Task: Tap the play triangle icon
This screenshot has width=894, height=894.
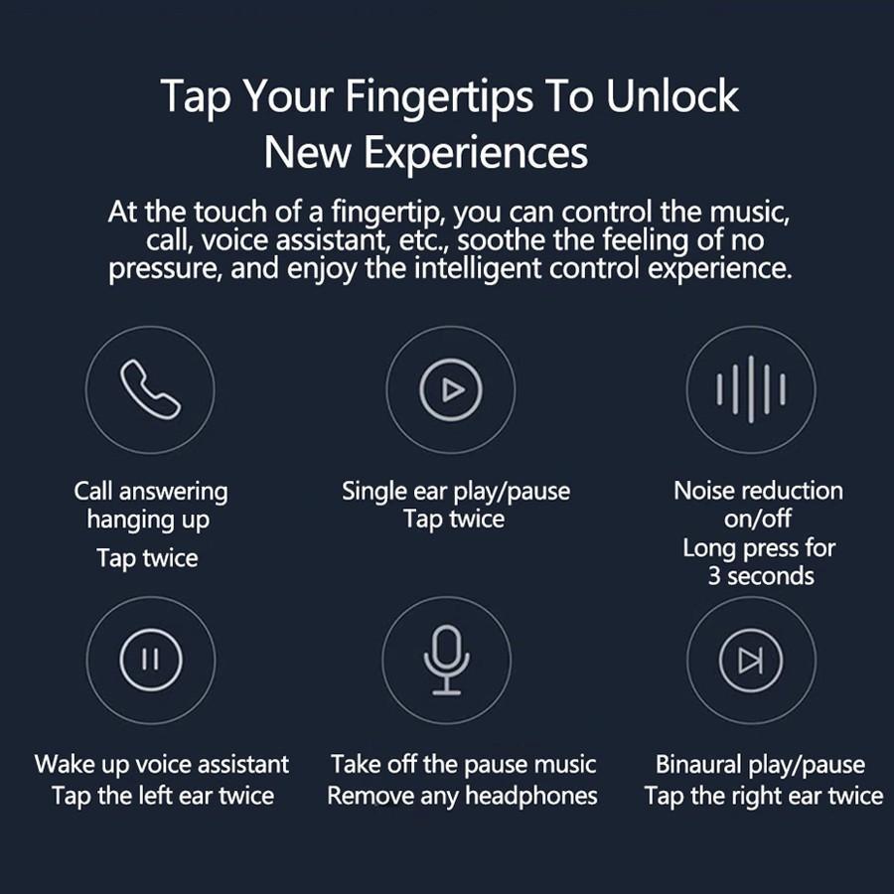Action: (451, 390)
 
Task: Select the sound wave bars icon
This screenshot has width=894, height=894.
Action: (751, 389)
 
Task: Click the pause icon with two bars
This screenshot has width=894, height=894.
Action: (151, 660)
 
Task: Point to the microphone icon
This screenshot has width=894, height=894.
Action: (446, 661)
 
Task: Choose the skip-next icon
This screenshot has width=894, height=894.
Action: (751, 661)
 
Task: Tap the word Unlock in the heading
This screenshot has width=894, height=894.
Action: (672, 95)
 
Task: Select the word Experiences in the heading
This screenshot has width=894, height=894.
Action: (476, 154)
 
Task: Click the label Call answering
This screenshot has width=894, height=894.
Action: (151, 492)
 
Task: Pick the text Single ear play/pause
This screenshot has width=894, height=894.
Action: (456, 492)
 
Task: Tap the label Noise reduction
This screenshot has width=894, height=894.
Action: (758, 491)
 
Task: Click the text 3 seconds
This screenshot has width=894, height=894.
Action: (761, 576)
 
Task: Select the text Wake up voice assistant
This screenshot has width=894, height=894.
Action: (162, 765)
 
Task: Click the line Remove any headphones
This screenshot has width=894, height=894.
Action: (462, 796)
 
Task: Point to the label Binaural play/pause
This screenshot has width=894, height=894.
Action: (760, 765)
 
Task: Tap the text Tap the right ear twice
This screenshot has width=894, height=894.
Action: (764, 796)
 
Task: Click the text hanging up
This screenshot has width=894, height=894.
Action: (148, 521)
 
